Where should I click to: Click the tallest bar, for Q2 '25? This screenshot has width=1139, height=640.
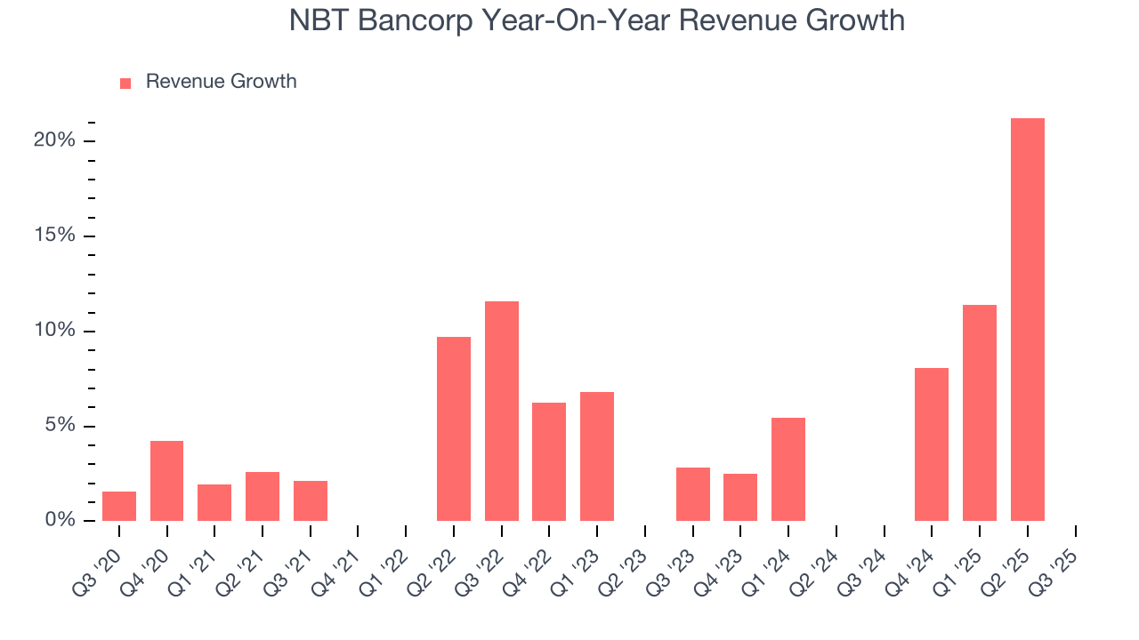pyautogui.click(x=1027, y=320)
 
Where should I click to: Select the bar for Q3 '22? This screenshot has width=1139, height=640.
pyautogui.click(x=501, y=411)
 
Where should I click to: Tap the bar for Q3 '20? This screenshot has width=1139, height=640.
pyautogui.click(x=119, y=506)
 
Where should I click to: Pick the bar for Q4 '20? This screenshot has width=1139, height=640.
pyautogui.click(x=166, y=481)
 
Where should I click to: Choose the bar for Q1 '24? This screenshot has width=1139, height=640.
pyautogui.click(x=788, y=469)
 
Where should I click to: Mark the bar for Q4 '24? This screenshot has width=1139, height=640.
pyautogui.click(x=932, y=444)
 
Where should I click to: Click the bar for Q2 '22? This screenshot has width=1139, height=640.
pyautogui.click(x=454, y=428)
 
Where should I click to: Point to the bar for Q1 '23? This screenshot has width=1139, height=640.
pyautogui.click(x=597, y=456)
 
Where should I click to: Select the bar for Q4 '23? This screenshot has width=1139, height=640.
pyautogui.click(x=740, y=497)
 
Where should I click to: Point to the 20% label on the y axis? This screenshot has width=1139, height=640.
pyautogui.click(x=55, y=140)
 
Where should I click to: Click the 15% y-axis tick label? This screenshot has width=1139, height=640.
pyautogui.click(x=55, y=236)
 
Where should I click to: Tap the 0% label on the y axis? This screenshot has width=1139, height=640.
pyautogui.click(x=60, y=520)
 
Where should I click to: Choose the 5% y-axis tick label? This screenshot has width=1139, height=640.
pyautogui.click(x=60, y=426)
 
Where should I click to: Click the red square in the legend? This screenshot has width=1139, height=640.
pyautogui.click(x=125, y=83)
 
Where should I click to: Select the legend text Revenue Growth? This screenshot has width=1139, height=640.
pyautogui.click(x=221, y=82)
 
